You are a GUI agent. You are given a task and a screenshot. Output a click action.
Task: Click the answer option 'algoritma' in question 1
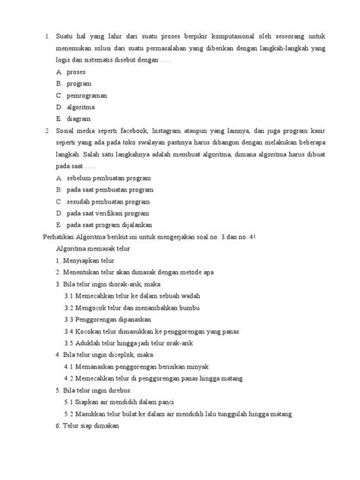pos(81,107)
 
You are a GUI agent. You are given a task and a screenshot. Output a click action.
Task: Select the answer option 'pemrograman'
pos(87,95)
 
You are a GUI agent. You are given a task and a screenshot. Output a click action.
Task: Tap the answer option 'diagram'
pos(78,118)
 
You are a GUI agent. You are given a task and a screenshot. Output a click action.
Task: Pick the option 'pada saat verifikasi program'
pos(107,213)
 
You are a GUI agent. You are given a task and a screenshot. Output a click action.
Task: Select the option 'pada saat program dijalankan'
pos(109,225)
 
